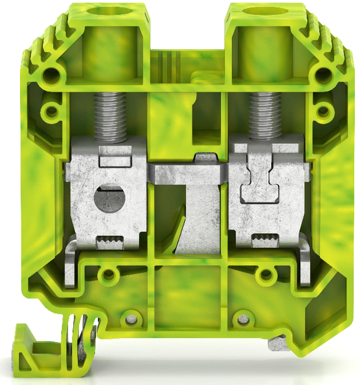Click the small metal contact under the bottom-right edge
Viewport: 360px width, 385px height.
click(x=276, y=345)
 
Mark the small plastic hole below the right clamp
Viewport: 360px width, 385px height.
click(x=265, y=277)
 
